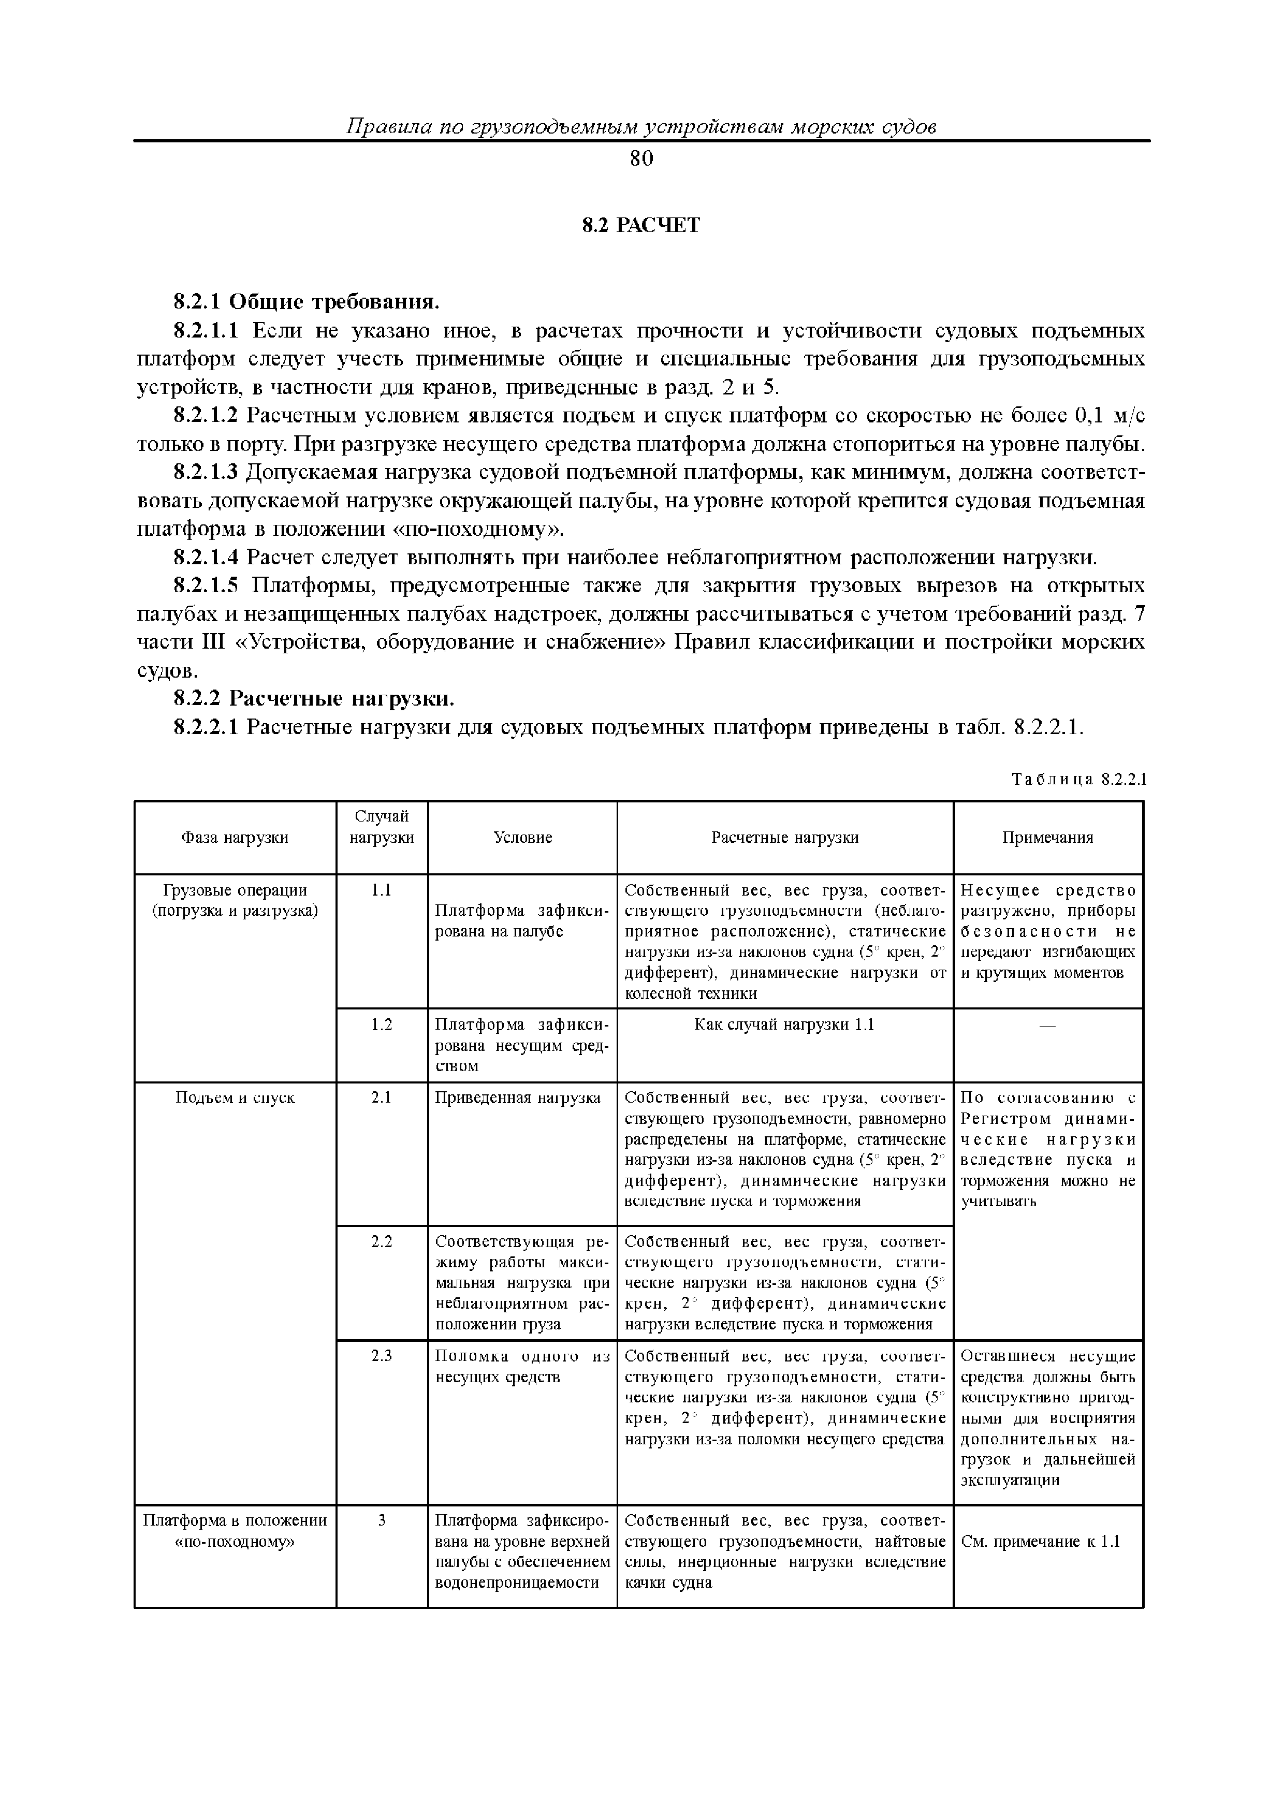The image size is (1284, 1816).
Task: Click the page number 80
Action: point(641,159)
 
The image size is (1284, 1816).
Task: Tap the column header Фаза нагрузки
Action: point(235,838)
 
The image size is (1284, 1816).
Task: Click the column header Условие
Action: point(522,838)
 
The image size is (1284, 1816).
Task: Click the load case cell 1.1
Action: point(382,890)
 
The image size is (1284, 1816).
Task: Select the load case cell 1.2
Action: point(382,1025)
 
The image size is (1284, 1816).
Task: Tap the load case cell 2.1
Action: point(382,1098)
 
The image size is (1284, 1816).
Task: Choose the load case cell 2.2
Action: point(382,1242)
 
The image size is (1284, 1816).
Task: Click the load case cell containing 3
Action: point(382,1520)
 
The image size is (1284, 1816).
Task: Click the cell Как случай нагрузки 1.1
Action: point(784,1025)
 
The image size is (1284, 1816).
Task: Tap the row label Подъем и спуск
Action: point(235,1098)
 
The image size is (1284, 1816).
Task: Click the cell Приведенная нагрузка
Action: point(518,1098)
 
